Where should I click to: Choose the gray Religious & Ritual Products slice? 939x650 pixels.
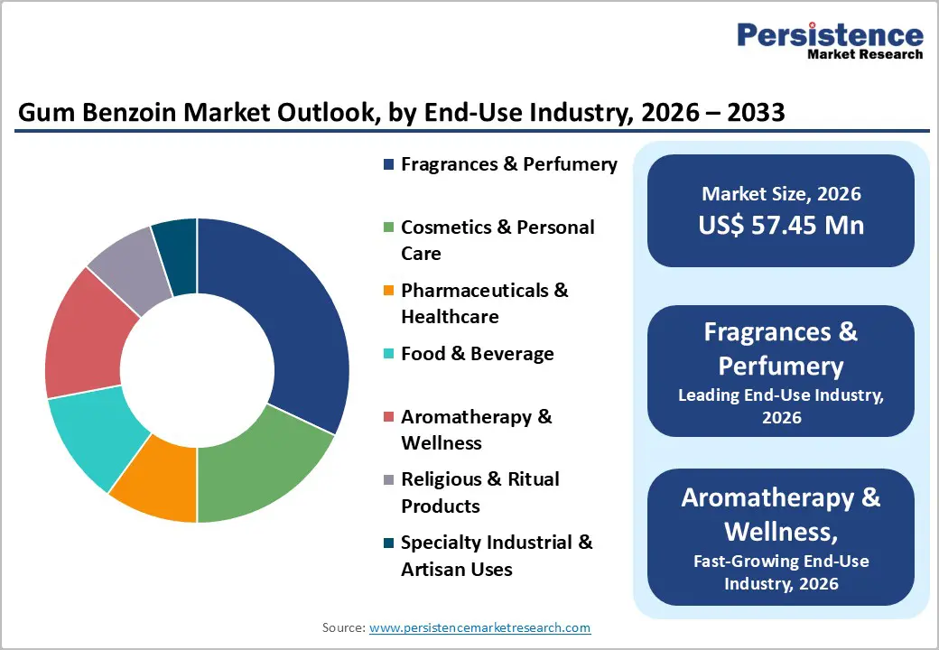(x=131, y=262)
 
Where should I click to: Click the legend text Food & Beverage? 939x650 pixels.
(x=478, y=354)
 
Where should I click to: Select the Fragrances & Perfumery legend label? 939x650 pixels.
(x=509, y=164)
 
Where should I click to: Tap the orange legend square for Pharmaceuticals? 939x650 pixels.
(x=388, y=291)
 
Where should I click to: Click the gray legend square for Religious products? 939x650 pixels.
(x=388, y=479)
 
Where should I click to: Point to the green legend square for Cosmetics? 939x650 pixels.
(x=388, y=227)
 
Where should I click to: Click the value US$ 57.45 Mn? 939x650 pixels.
(x=781, y=225)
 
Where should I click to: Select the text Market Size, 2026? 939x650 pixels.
(x=781, y=193)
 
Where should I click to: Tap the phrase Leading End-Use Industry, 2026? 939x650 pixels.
(x=781, y=406)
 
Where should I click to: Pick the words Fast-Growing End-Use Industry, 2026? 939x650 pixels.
(x=781, y=571)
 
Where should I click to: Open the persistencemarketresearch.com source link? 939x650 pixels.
(x=479, y=627)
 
